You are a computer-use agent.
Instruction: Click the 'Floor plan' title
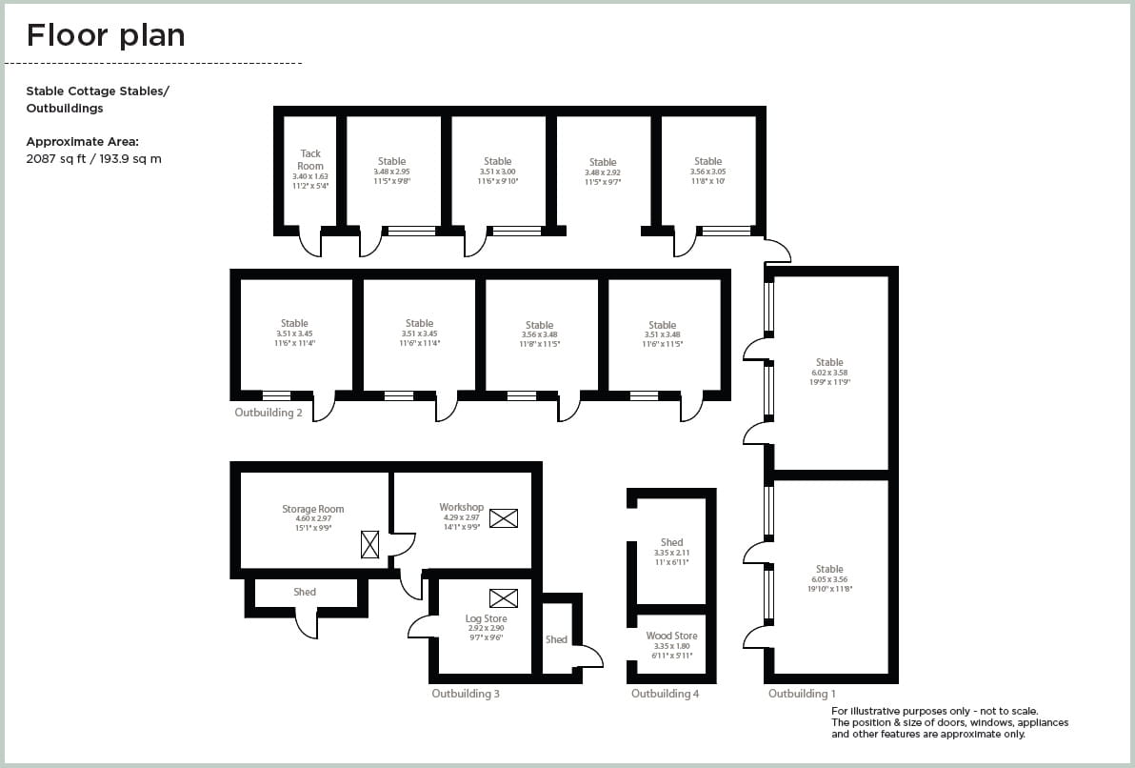tap(106, 35)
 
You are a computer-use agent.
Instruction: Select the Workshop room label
tap(461, 507)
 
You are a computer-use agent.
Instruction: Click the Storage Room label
tap(312, 510)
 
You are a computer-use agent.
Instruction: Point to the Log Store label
tap(486, 618)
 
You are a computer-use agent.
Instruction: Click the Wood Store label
tap(671, 636)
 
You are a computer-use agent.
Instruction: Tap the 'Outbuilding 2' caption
tap(269, 414)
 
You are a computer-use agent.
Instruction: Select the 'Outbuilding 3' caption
tap(466, 694)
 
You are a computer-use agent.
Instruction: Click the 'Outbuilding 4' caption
tap(665, 694)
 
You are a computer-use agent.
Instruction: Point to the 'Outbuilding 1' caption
tap(802, 694)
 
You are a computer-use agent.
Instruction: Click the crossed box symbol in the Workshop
tap(504, 518)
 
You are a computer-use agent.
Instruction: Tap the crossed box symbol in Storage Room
tap(369, 544)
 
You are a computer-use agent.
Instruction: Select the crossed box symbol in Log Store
tap(503, 598)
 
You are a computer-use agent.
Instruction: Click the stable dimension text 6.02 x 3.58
tap(829, 373)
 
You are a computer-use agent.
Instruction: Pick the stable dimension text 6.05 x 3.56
tap(829, 579)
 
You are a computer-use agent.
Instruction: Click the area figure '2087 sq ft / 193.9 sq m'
tap(93, 159)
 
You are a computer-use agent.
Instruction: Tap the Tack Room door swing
tap(310, 245)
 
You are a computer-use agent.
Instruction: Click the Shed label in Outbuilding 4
tap(671, 542)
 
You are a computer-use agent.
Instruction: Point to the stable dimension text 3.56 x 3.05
tap(707, 172)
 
